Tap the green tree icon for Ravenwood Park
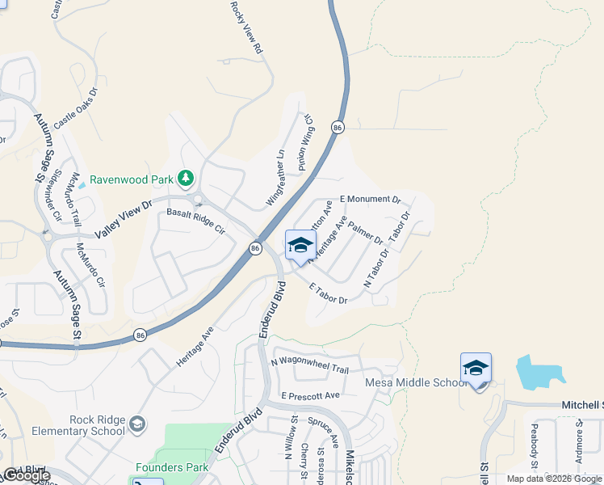[187, 177]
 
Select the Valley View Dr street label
[124, 217]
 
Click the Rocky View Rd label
[246, 28]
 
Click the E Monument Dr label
[370, 199]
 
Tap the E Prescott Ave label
[311, 396]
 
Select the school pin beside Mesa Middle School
[476, 369]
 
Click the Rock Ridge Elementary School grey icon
[137, 424]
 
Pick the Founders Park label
[172, 467]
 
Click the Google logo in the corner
[27, 475]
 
